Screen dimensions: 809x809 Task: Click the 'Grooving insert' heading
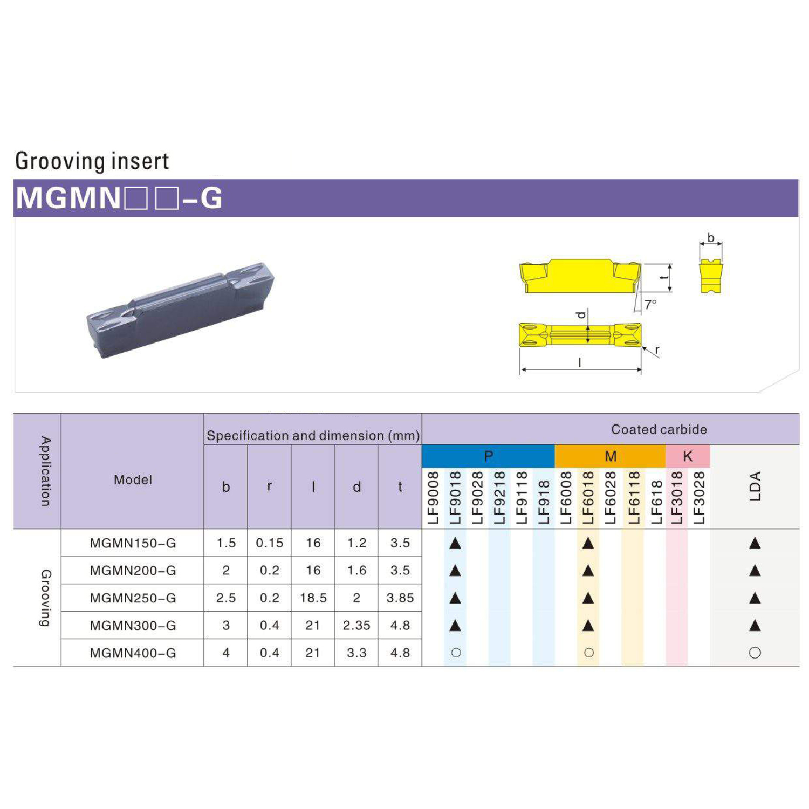point(92,161)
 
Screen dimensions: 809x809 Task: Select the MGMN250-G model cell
point(133,598)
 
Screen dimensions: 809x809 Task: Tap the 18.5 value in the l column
point(313,598)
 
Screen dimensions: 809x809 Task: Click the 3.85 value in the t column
point(400,598)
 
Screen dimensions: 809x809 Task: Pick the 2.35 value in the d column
point(356,625)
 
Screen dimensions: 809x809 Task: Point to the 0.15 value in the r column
point(270,543)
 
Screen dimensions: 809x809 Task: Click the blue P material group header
point(488,456)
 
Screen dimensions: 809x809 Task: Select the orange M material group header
point(610,456)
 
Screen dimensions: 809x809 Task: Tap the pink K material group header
point(688,456)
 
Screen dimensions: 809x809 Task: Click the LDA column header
point(755,486)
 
